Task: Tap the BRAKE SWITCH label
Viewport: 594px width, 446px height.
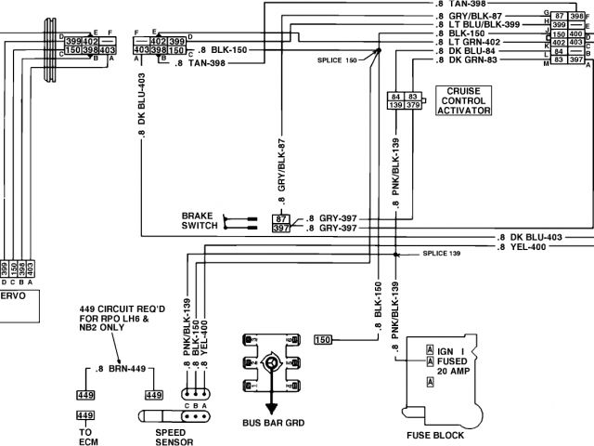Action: (x=199, y=219)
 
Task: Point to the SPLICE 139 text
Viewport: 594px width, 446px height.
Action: (x=442, y=253)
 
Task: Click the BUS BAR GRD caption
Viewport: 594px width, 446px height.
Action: (x=273, y=424)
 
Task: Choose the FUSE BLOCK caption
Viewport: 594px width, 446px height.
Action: (x=435, y=434)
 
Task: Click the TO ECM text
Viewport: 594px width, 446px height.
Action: (x=85, y=438)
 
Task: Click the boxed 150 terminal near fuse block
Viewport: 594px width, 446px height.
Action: (x=324, y=339)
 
